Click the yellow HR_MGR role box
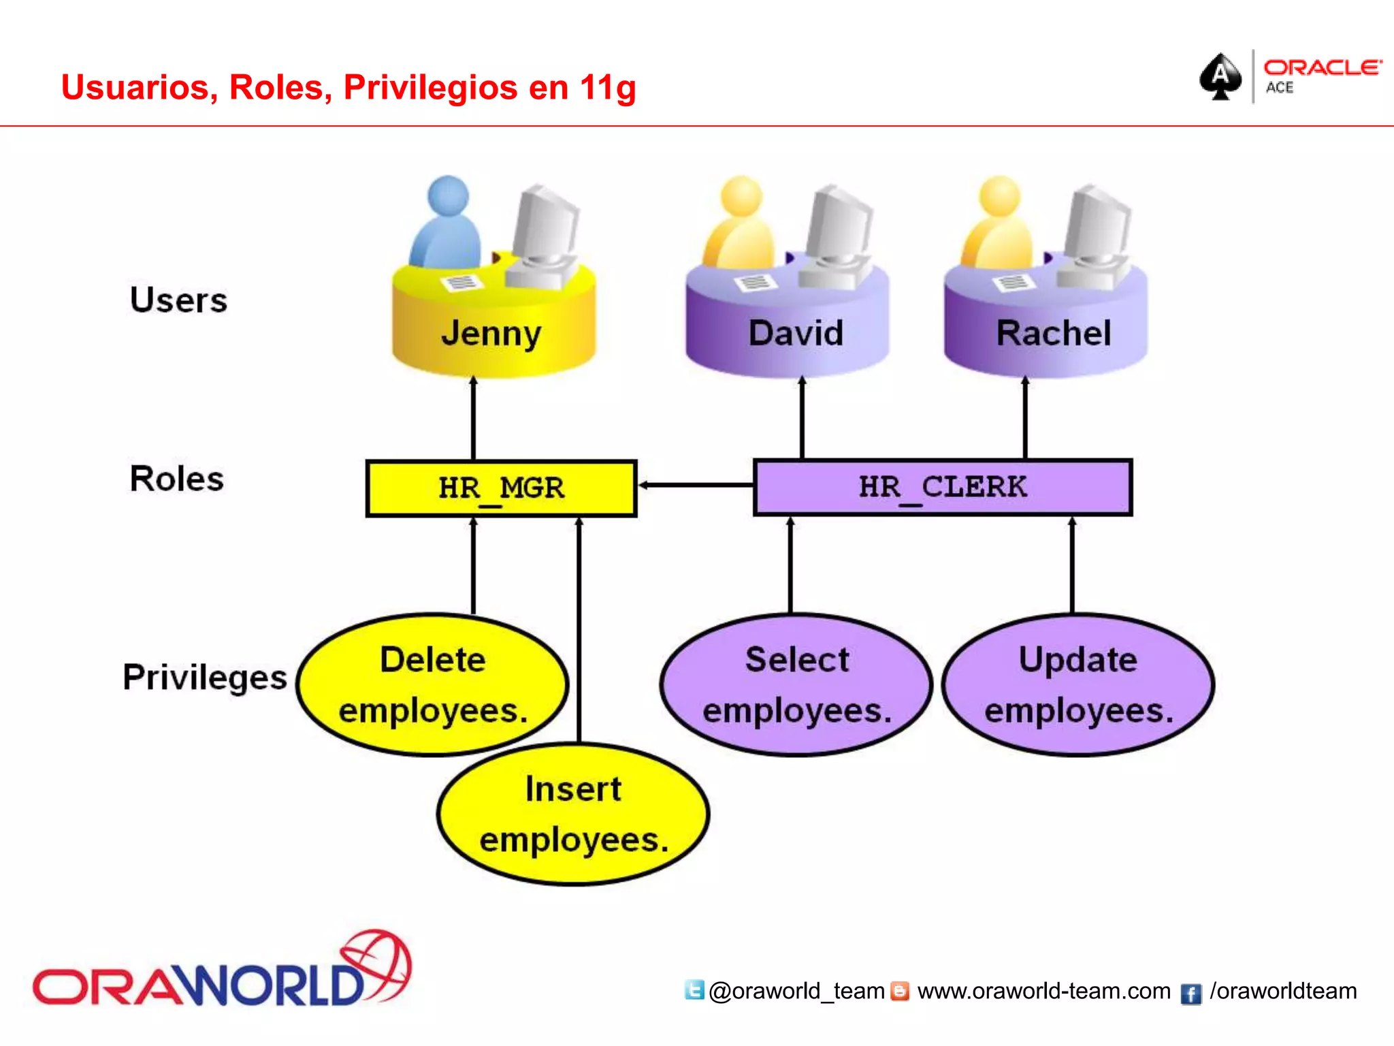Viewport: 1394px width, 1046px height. pos(501,488)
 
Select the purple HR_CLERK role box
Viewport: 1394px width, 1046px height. pos(943,487)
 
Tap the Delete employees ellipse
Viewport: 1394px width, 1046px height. pos(433,684)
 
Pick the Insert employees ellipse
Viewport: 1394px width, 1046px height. pos(573,814)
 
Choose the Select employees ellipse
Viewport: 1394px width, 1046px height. pos(796,684)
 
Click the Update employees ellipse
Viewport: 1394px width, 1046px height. pos(1078,684)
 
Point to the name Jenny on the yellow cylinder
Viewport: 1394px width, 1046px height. pos(491,333)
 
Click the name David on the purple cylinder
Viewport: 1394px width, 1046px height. pos(796,333)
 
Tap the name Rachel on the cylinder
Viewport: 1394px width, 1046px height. pos(1053,333)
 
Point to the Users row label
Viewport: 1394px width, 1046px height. pos(178,300)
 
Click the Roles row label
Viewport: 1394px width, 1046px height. pos(176,479)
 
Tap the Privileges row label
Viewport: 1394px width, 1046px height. pos(204,677)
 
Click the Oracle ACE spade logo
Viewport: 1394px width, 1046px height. pos(1220,76)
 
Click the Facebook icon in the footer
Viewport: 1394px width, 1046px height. pos(1190,994)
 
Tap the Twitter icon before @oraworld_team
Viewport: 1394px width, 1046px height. pos(694,989)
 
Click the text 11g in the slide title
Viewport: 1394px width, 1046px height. pos(608,88)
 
